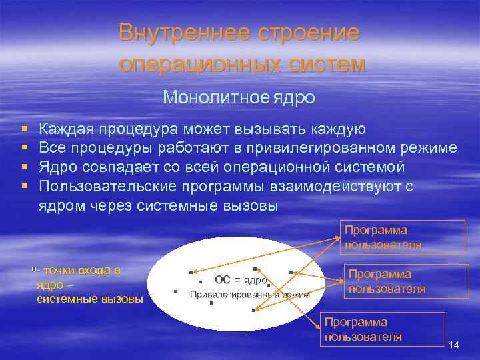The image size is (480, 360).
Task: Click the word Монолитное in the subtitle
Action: coord(215,98)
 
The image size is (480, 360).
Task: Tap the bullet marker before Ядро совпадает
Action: coord(24,167)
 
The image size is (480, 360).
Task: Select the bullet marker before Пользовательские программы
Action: coord(24,187)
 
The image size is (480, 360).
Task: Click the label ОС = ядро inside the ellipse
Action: coord(241,280)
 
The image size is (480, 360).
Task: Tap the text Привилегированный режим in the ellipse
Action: coord(249,295)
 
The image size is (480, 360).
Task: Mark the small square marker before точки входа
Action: coord(33,269)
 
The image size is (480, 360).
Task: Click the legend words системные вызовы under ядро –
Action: coord(89,299)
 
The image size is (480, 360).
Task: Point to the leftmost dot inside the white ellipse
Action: coord(175,291)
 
